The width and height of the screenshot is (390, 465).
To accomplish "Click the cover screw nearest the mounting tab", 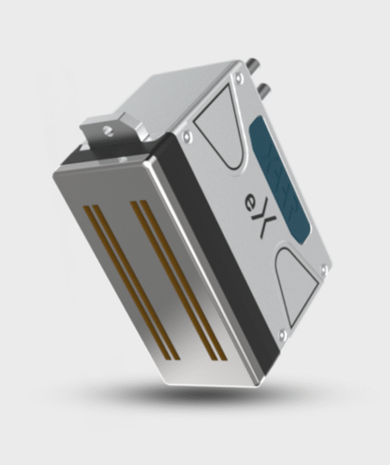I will [186, 136].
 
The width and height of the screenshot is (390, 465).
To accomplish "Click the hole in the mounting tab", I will [107, 129].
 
